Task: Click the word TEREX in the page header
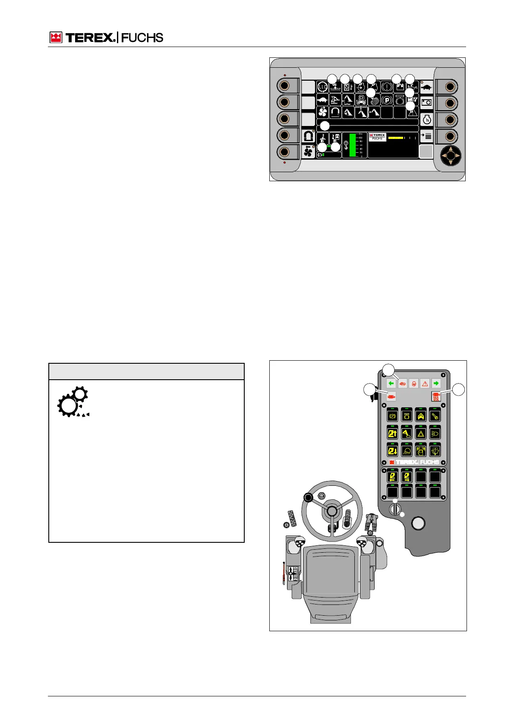(x=90, y=38)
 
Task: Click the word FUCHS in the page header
(x=142, y=38)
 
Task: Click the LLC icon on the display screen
(x=322, y=87)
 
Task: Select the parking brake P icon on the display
(x=387, y=100)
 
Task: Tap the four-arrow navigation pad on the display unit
(x=450, y=155)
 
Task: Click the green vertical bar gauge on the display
(x=352, y=145)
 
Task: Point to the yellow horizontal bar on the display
(x=395, y=138)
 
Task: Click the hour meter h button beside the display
(x=426, y=120)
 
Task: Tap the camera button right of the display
(x=426, y=103)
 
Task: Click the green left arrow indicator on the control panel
(x=391, y=383)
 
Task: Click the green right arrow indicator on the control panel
(x=436, y=383)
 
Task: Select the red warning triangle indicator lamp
(x=425, y=383)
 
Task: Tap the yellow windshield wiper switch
(x=435, y=451)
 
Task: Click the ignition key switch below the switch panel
(x=394, y=509)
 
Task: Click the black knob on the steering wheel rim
(x=308, y=498)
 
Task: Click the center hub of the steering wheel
(x=331, y=511)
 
